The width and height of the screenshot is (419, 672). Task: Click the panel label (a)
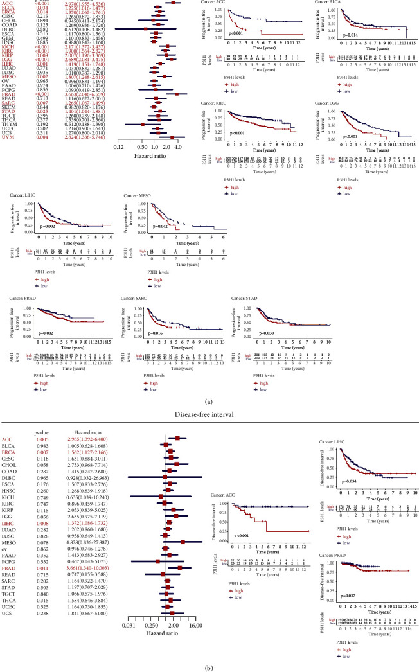pyautogui.click(x=209, y=385)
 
